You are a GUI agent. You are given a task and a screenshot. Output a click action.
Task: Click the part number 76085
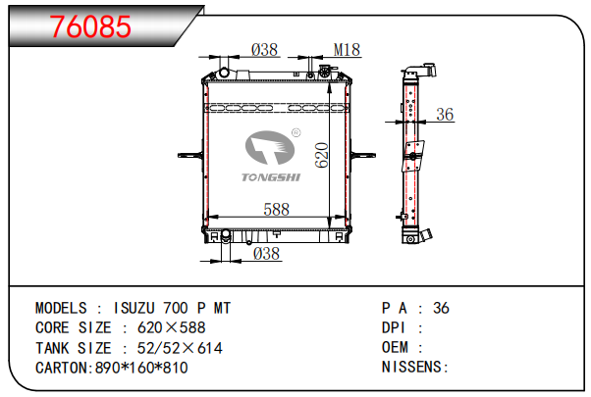pyautogui.click(x=90, y=26)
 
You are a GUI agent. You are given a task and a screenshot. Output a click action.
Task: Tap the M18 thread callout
pyautogui.click(x=347, y=48)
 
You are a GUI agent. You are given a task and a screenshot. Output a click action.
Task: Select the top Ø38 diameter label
pyautogui.click(x=264, y=48)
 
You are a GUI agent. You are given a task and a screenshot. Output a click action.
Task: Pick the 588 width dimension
pyautogui.click(x=276, y=209)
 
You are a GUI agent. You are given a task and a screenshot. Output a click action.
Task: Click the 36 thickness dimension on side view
pyautogui.click(x=445, y=116)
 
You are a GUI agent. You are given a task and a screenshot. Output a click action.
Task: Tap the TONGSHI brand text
pyautogui.click(x=270, y=177)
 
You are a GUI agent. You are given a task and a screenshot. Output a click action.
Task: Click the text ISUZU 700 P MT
pyautogui.click(x=174, y=308)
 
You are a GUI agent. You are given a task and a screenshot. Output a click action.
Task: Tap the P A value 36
pyautogui.click(x=441, y=308)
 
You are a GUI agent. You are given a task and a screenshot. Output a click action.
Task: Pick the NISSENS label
pyautogui.click(x=413, y=368)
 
